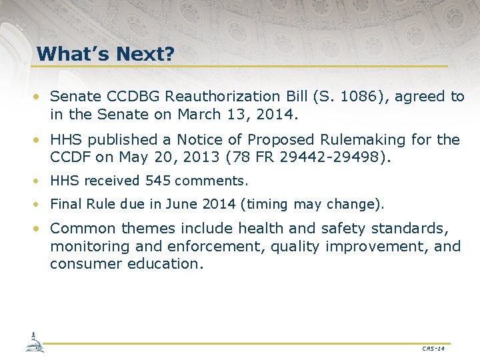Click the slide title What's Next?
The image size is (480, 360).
pos(105,53)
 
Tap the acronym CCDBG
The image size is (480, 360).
pos(133,97)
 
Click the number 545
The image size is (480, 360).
pos(157,181)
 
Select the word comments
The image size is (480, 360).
pos(211,181)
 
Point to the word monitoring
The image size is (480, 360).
pos(90,246)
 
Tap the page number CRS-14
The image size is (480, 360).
pos(433,349)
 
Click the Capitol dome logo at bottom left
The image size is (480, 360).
pos(34,341)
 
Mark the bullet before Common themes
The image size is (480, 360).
pos(41,229)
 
